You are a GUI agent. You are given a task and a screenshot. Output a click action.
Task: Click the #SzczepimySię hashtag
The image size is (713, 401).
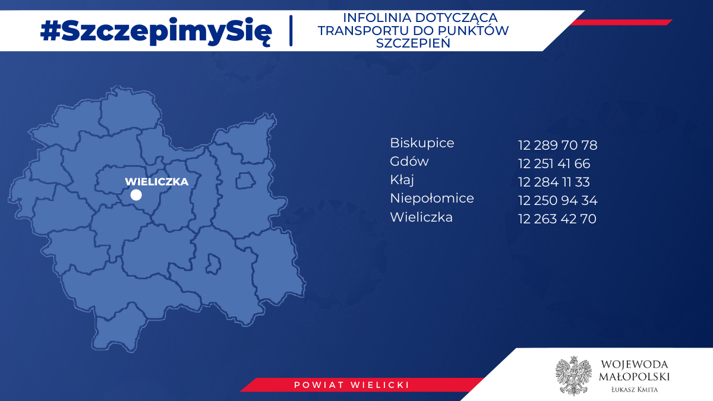click(156, 31)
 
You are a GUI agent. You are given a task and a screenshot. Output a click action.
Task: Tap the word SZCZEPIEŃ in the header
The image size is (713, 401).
click(413, 43)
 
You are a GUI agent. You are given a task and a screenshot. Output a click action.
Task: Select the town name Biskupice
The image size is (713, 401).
click(422, 143)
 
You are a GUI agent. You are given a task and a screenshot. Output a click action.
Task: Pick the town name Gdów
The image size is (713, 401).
click(409, 161)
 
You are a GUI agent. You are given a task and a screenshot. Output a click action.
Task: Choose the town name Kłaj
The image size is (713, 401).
click(402, 180)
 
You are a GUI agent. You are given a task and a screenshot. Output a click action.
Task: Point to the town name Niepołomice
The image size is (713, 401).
click(432, 198)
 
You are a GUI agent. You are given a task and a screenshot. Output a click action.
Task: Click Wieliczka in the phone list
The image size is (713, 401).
click(421, 217)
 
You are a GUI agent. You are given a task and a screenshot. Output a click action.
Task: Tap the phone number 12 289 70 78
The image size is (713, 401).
click(558, 145)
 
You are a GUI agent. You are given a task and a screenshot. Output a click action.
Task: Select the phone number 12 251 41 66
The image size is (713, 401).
click(554, 163)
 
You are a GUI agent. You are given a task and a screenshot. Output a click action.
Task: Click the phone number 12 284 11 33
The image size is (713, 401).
click(554, 182)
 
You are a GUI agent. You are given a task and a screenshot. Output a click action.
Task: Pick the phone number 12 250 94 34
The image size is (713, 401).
click(558, 201)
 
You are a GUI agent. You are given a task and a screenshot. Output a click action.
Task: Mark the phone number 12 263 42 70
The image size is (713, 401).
click(557, 219)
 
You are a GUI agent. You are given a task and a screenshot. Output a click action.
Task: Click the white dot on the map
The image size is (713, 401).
click(136, 195)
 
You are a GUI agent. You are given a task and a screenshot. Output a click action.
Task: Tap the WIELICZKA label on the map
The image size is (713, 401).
click(157, 182)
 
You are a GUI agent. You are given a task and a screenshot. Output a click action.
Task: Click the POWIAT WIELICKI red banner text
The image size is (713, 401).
click(352, 385)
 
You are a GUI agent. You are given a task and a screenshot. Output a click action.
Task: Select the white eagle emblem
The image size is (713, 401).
click(573, 375)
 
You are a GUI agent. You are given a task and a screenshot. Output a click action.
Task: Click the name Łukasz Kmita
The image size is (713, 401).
click(635, 390)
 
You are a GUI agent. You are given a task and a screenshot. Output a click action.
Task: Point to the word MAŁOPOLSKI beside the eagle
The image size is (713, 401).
click(635, 377)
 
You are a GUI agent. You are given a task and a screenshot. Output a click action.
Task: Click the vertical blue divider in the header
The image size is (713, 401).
click(291, 30)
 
